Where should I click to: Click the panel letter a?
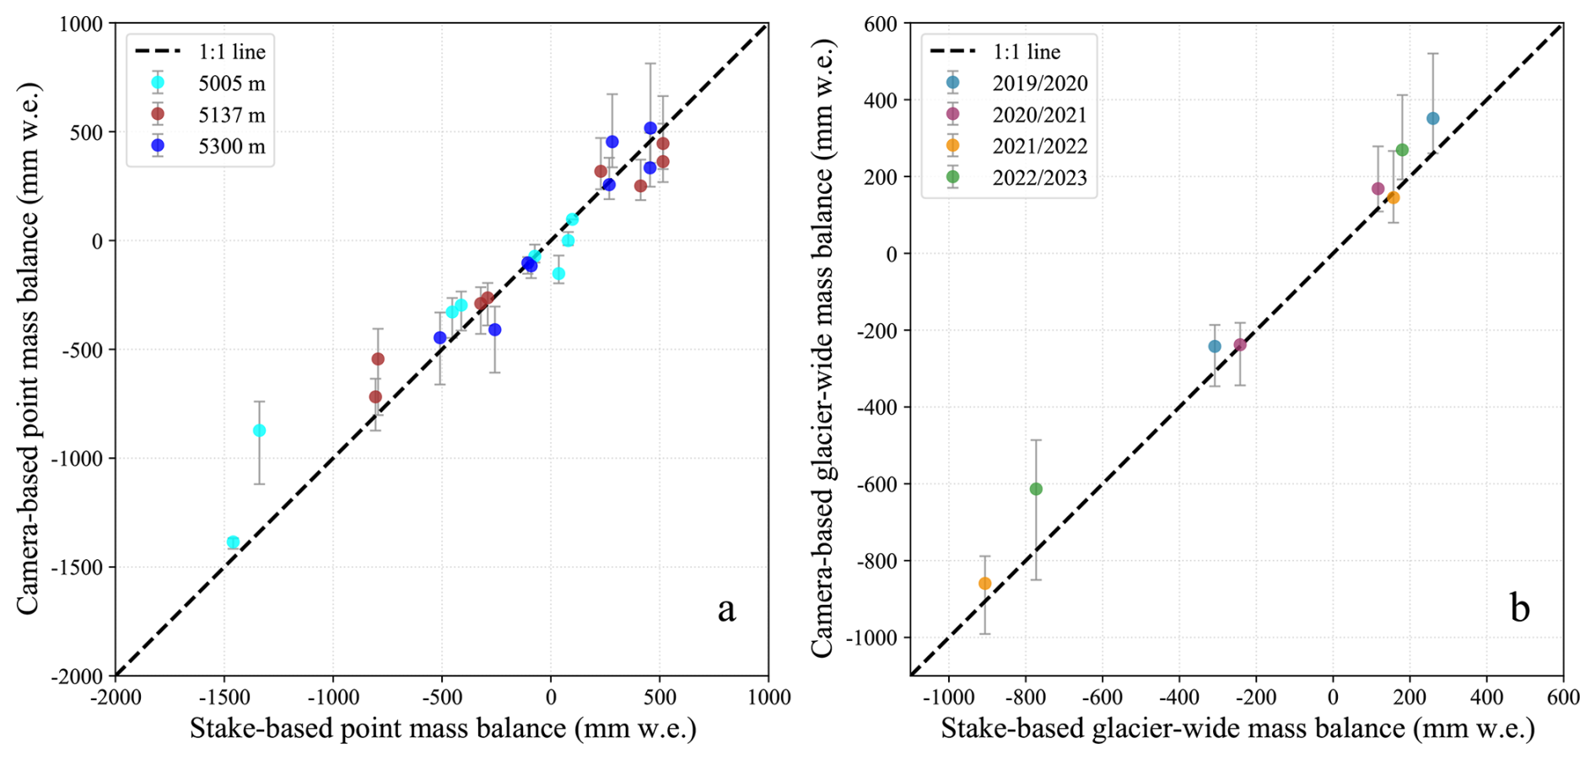726,609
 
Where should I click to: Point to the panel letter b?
1519,609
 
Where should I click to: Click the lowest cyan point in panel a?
233,542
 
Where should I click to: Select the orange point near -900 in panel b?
984,584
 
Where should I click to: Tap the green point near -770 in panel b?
1036,489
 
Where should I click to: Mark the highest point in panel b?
1432,119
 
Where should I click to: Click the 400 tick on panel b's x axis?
1486,698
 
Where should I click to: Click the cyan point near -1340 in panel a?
259,431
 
